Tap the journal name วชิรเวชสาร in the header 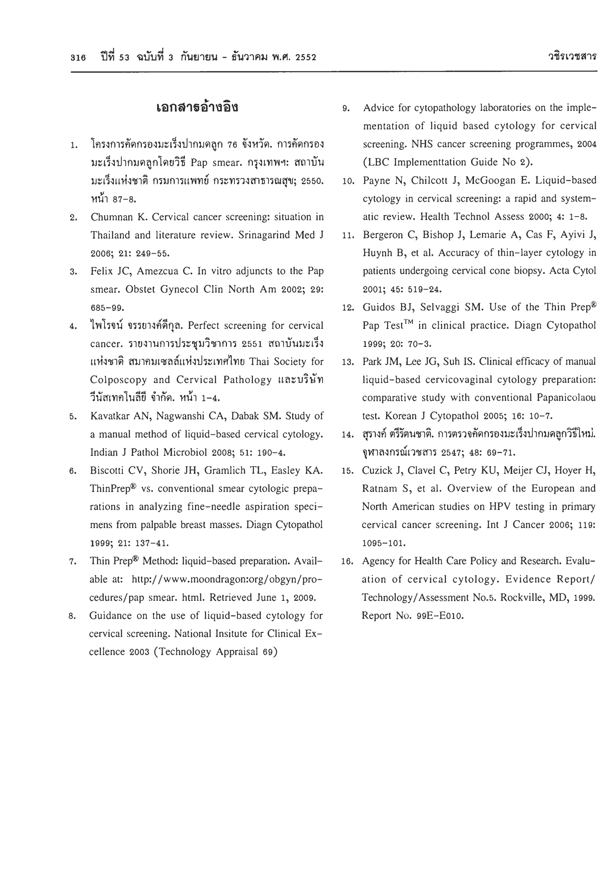[572, 57]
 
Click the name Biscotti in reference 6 [107, 470]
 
